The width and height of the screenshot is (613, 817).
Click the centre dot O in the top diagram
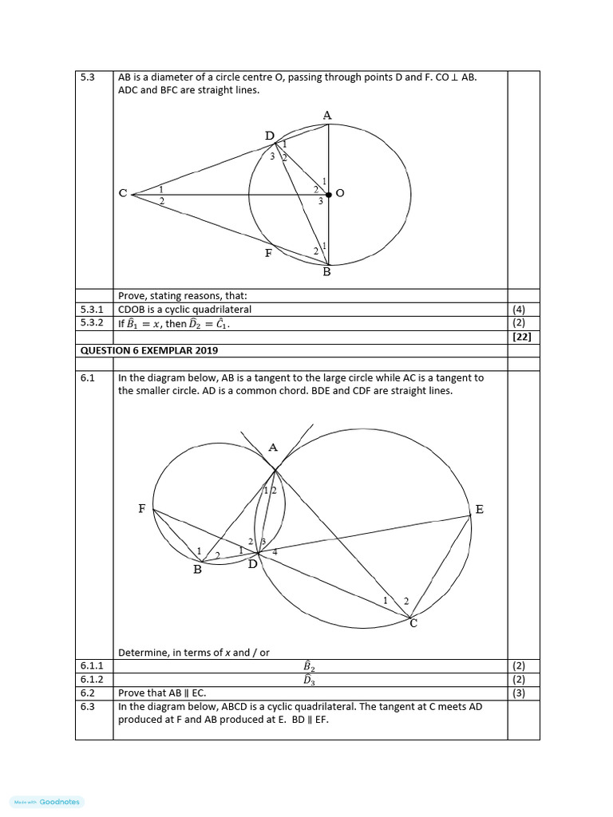coord(329,194)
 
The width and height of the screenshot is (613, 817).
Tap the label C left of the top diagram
coord(123,194)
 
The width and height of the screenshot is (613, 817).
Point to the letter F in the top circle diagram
coord(269,254)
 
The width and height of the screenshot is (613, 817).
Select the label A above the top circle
coord(327,116)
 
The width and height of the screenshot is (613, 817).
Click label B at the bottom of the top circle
coord(326,272)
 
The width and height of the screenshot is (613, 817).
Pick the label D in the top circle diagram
coord(269,136)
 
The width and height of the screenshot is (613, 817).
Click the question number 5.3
coord(88,77)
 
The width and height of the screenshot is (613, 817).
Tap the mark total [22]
coord(523,337)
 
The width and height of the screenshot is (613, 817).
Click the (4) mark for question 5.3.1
coord(523,309)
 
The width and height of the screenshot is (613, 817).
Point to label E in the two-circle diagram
coord(479,509)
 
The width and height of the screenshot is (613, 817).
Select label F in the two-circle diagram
coord(142,508)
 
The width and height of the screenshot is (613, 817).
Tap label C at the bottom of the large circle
coord(413,624)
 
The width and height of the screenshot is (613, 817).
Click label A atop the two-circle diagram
coord(273,448)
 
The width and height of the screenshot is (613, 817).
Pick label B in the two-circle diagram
coord(198,570)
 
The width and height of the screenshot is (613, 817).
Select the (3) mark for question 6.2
coord(523,693)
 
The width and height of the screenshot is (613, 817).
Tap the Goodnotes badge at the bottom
coord(48,802)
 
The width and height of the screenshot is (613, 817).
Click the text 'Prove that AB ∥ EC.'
coord(166,693)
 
